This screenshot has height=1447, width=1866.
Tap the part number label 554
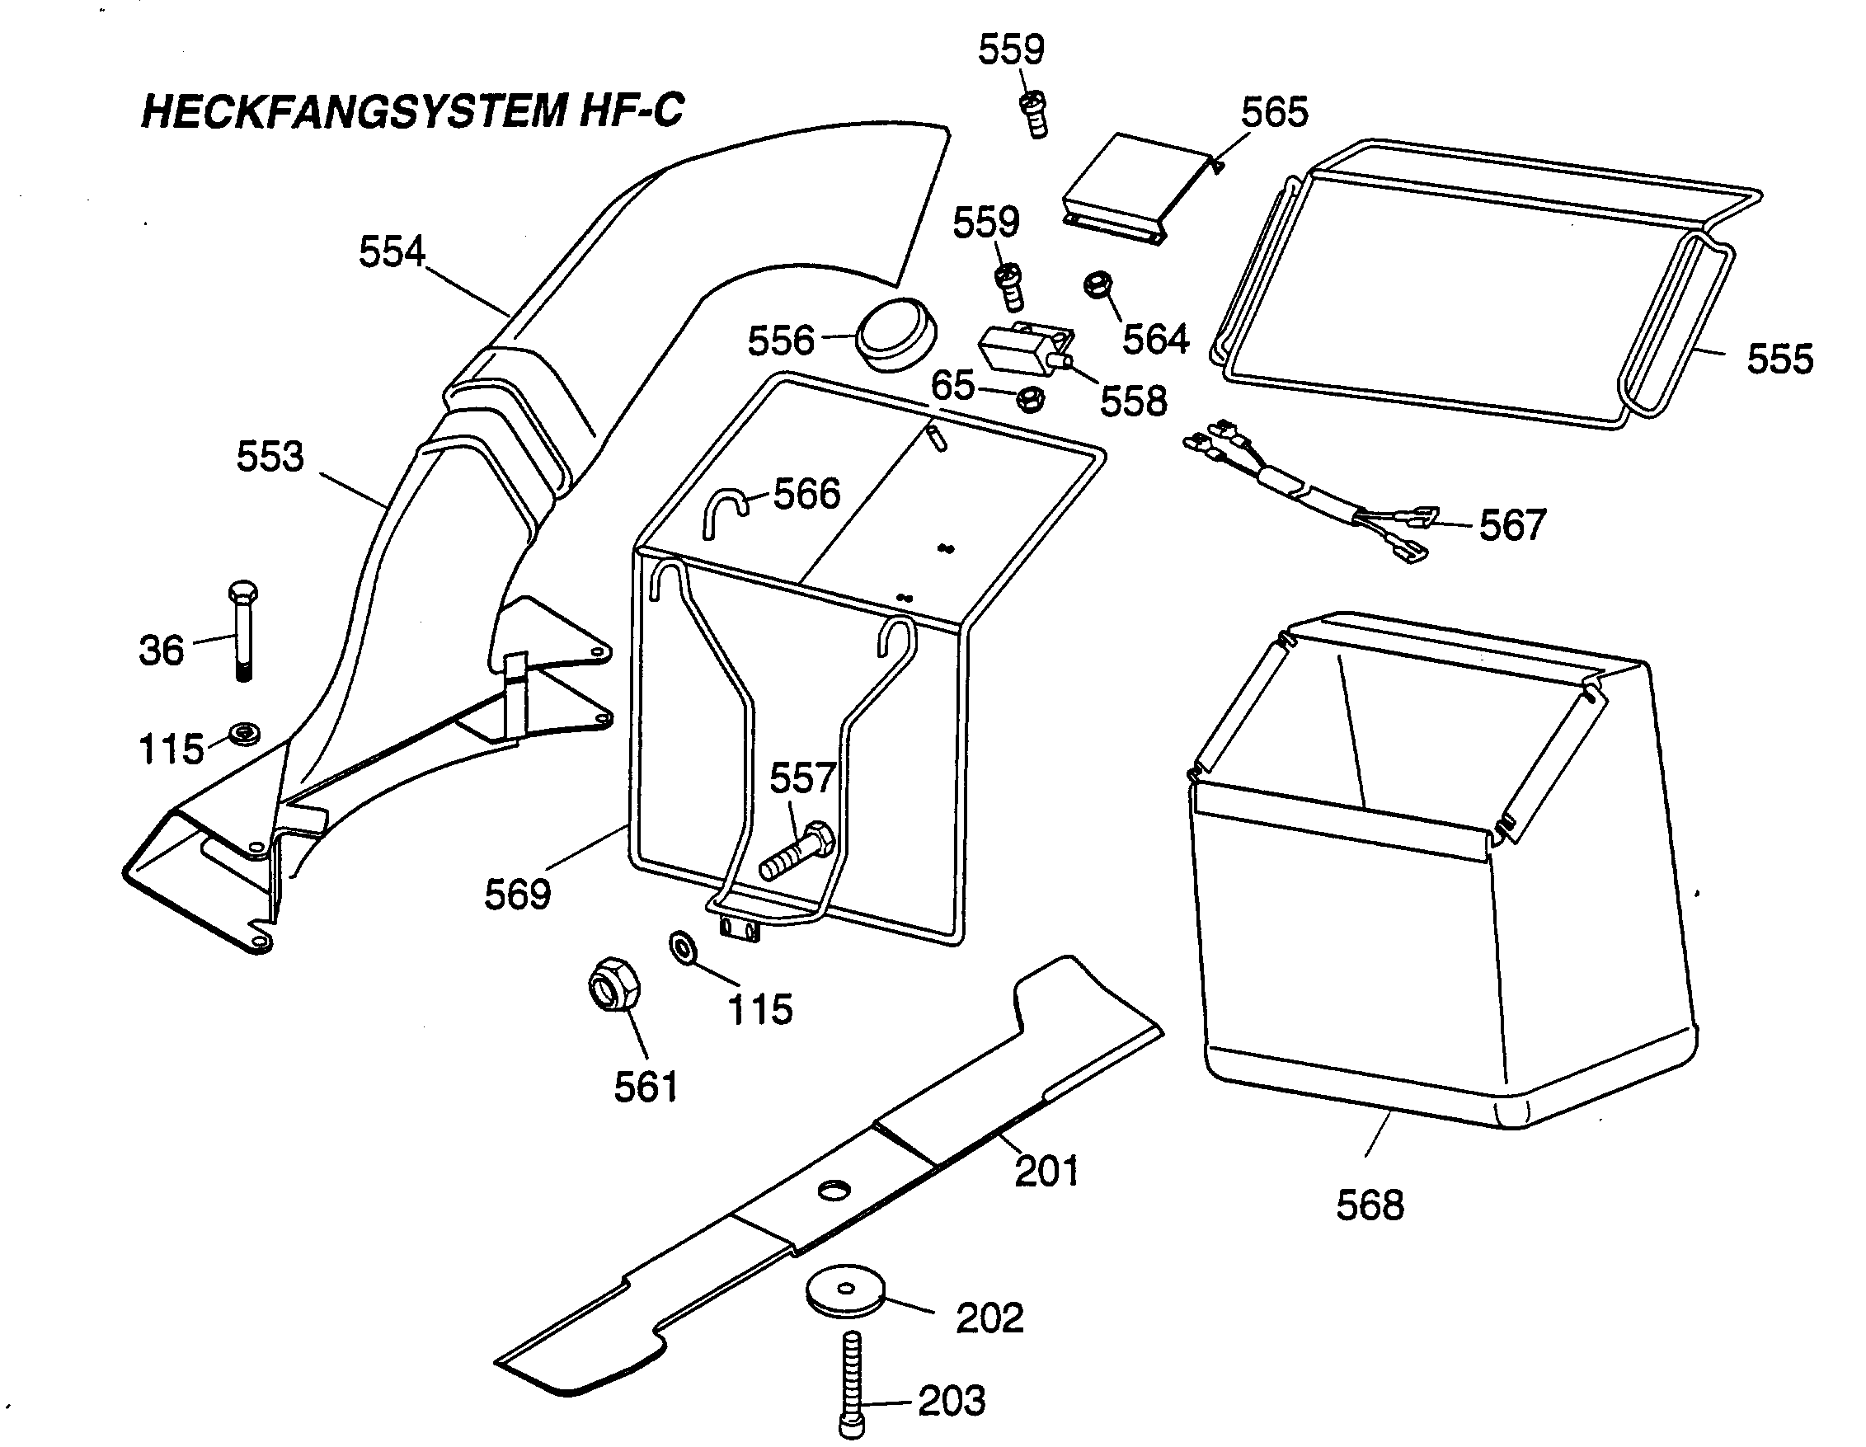[x=392, y=253]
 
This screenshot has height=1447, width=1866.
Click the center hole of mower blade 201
[x=834, y=1190]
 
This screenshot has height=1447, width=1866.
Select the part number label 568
[x=1370, y=1205]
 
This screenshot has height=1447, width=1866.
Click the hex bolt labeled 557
[x=797, y=853]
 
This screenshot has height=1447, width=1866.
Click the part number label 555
[x=1779, y=359]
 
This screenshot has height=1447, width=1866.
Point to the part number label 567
[x=1512, y=525]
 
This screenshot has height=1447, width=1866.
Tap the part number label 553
[x=270, y=457]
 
